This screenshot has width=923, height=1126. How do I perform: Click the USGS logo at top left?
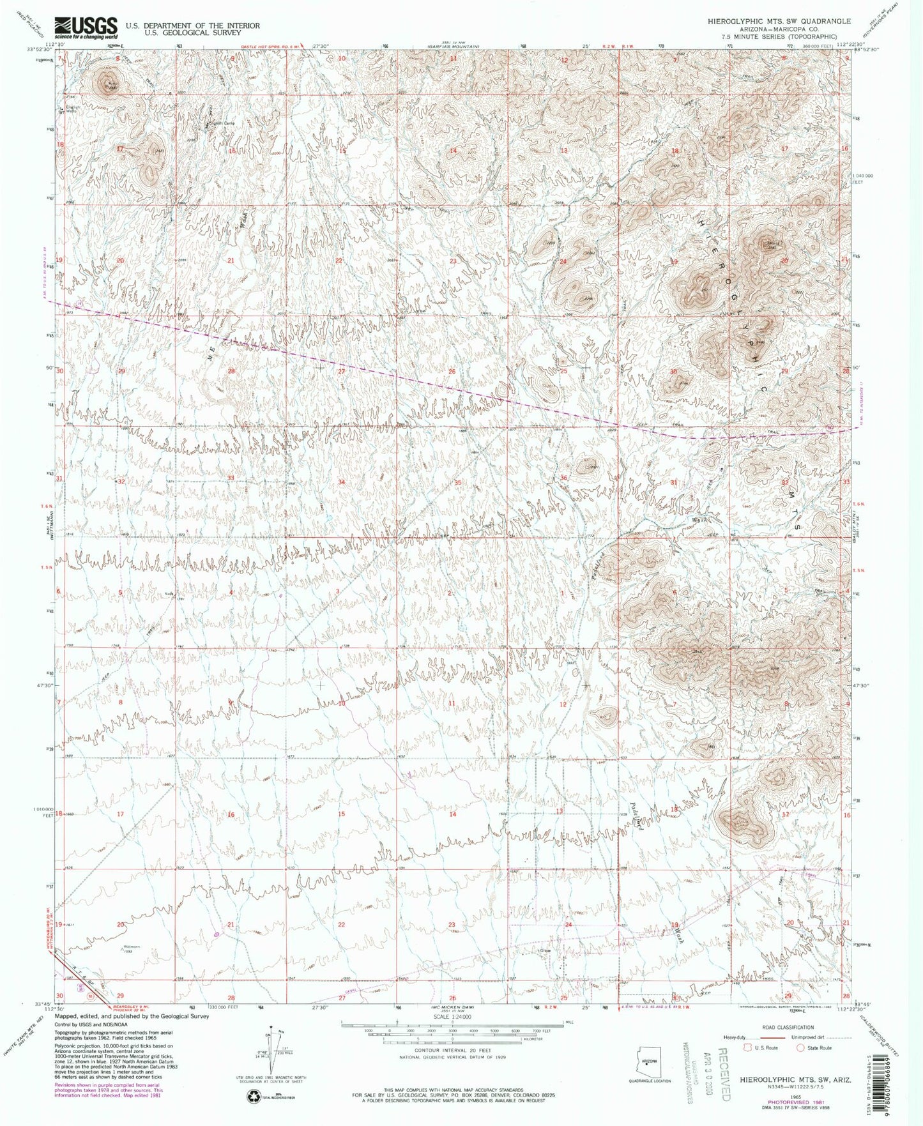86,27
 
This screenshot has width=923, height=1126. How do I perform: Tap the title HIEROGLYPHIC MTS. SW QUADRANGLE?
779,21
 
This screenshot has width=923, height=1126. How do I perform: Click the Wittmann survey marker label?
132,946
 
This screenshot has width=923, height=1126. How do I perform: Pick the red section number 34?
342,482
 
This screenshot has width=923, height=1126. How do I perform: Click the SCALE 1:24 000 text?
452,1016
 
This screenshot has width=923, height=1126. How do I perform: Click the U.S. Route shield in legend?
743,1048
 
